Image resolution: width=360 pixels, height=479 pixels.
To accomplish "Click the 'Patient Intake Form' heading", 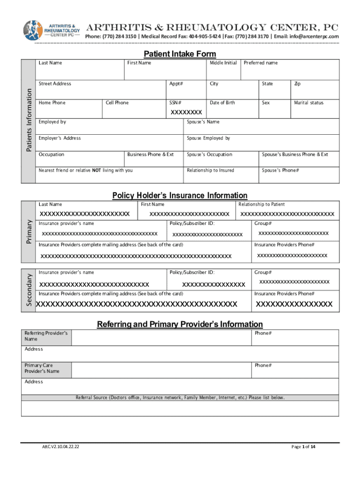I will coord(180,54).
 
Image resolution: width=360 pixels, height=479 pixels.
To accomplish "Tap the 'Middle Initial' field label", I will coord(223,63).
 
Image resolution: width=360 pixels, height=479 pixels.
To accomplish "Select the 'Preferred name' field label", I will coord(260,63).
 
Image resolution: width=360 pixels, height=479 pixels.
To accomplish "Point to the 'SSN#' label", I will coord(175,102).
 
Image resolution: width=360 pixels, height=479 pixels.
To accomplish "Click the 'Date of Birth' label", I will coord(223,102).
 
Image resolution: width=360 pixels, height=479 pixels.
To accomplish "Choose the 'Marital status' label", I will coord(309,102).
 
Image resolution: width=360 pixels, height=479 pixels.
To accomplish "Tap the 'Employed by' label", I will coord(52,122).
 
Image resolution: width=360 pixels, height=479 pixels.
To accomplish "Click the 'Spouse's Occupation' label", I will coord(209,154).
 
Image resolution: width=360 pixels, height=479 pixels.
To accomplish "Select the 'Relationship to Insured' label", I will coord(210,170).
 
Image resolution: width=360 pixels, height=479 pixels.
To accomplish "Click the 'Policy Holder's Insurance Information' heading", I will coord(180,196).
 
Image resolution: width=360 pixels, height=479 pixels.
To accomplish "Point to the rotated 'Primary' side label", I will coord(29,232).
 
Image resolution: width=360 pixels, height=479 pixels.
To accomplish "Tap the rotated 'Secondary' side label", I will coord(29,290).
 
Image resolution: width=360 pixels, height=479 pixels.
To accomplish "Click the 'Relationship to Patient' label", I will coord(261,204).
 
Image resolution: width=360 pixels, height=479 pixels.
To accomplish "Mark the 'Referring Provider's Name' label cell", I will coord(46,336).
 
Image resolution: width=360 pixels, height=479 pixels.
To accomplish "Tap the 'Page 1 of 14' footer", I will coord(303,447).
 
